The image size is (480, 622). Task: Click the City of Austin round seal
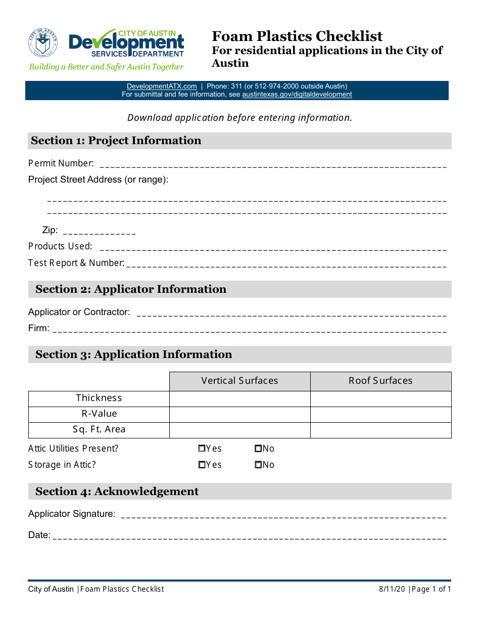pos(43,42)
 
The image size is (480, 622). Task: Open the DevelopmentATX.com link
pos(162,86)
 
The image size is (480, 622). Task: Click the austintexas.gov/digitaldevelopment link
pos(297,95)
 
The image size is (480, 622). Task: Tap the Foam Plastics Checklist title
pos(297,36)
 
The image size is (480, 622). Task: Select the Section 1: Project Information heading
pos(116,141)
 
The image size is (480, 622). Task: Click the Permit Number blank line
pos(273,165)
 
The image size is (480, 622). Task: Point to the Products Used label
pos(60,246)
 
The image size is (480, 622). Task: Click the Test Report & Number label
pos(76,263)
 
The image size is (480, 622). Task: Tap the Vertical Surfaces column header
pos(239,381)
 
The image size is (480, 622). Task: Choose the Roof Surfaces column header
pos(380,381)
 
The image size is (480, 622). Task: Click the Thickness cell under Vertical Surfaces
pos(239,398)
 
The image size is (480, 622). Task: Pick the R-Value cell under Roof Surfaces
pos(380,414)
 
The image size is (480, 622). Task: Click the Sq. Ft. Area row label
pos(99,430)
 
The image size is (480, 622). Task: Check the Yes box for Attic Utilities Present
pos(202,449)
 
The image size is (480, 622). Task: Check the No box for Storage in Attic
pos(258,465)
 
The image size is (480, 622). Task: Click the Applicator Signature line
pos(284,516)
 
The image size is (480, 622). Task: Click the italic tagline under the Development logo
pos(106,67)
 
